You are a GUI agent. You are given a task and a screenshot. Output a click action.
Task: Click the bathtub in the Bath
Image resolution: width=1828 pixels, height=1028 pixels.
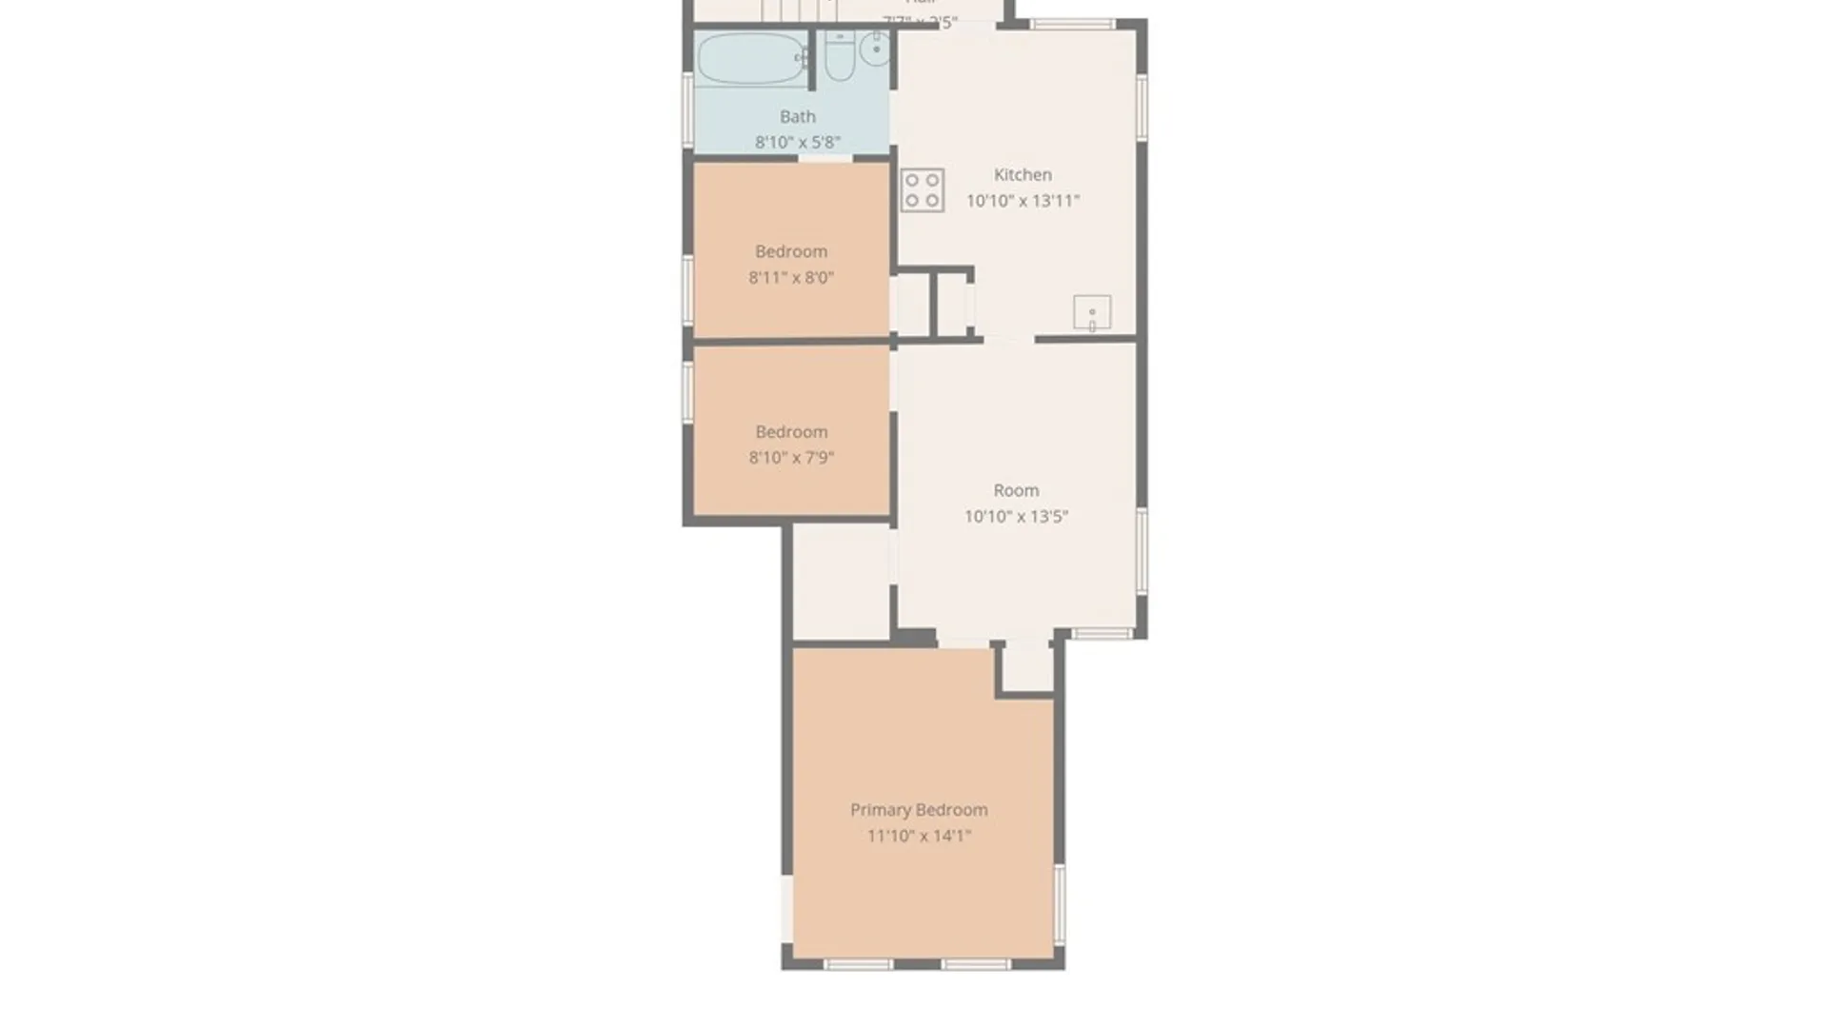(751, 59)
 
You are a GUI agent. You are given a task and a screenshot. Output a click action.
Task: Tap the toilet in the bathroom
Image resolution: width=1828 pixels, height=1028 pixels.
(839, 57)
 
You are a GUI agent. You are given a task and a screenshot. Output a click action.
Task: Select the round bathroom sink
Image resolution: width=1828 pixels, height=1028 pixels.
(876, 49)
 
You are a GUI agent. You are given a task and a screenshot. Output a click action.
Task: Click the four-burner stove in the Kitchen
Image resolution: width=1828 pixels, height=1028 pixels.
(922, 190)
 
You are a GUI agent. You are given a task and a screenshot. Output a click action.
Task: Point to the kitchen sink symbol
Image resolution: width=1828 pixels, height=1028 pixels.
(1092, 312)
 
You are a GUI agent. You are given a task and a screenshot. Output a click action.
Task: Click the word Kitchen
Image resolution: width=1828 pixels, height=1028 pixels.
(1023, 175)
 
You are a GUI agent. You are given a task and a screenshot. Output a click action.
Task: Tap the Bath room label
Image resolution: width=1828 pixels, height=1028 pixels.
(798, 117)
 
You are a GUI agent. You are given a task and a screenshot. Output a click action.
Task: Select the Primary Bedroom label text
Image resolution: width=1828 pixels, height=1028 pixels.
(919, 810)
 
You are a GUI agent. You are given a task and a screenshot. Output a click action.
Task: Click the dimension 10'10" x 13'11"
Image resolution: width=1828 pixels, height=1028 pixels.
(1023, 201)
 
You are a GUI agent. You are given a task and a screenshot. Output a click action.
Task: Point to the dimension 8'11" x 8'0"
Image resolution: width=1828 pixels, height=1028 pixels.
(791, 278)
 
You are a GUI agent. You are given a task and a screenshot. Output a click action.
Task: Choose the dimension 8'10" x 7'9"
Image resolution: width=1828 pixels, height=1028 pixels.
(791, 458)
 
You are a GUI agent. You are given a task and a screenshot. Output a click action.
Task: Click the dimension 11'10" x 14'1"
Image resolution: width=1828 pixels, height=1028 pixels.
(919, 836)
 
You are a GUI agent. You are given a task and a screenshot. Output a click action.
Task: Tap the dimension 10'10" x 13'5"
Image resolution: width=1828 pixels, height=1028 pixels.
(1016, 517)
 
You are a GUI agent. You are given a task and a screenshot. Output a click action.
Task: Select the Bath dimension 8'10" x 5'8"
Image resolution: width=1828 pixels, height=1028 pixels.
(798, 143)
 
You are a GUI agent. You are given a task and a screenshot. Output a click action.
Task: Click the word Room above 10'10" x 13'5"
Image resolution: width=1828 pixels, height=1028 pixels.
(1016, 491)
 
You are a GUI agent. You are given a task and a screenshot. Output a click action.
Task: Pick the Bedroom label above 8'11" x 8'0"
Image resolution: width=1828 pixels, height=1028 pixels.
(791, 252)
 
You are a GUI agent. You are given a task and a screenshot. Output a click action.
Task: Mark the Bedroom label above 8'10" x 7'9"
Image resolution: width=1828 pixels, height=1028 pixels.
(791, 432)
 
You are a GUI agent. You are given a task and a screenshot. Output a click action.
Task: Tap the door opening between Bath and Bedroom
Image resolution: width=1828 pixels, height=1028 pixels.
(825, 158)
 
